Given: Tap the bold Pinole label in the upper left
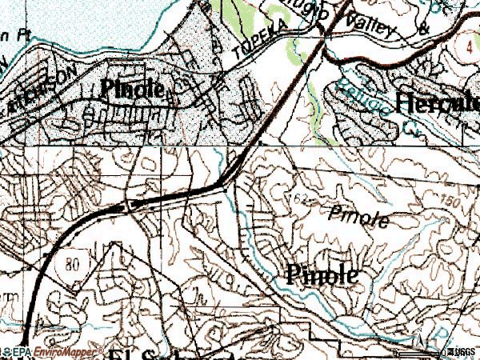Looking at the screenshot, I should [x=133, y=90].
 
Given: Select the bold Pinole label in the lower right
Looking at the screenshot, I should [x=321, y=275].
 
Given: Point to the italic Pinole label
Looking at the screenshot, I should [x=358, y=217].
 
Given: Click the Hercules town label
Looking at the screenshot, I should [x=438, y=102].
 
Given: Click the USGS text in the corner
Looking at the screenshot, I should [x=462, y=351].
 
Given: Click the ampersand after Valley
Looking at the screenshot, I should [x=423, y=30].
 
